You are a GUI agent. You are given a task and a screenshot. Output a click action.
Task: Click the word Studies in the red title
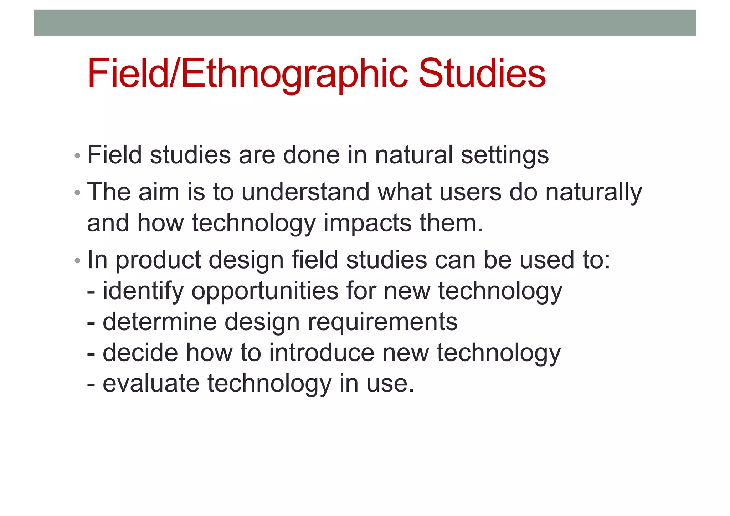[x=482, y=73]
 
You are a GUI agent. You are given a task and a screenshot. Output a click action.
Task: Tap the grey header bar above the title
[x=365, y=23]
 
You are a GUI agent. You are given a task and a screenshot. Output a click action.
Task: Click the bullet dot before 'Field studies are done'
[x=77, y=156]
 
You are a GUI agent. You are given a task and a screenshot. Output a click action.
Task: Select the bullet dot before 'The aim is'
[x=77, y=193]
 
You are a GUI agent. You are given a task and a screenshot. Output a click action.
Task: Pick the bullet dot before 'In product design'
[x=77, y=261]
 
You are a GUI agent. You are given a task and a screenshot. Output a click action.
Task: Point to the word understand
[x=305, y=192]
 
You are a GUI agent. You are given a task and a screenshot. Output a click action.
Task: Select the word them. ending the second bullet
[x=451, y=223]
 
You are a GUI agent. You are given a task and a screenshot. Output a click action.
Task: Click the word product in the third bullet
[x=158, y=260]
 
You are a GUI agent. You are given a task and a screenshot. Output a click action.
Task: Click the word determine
[x=160, y=322]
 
